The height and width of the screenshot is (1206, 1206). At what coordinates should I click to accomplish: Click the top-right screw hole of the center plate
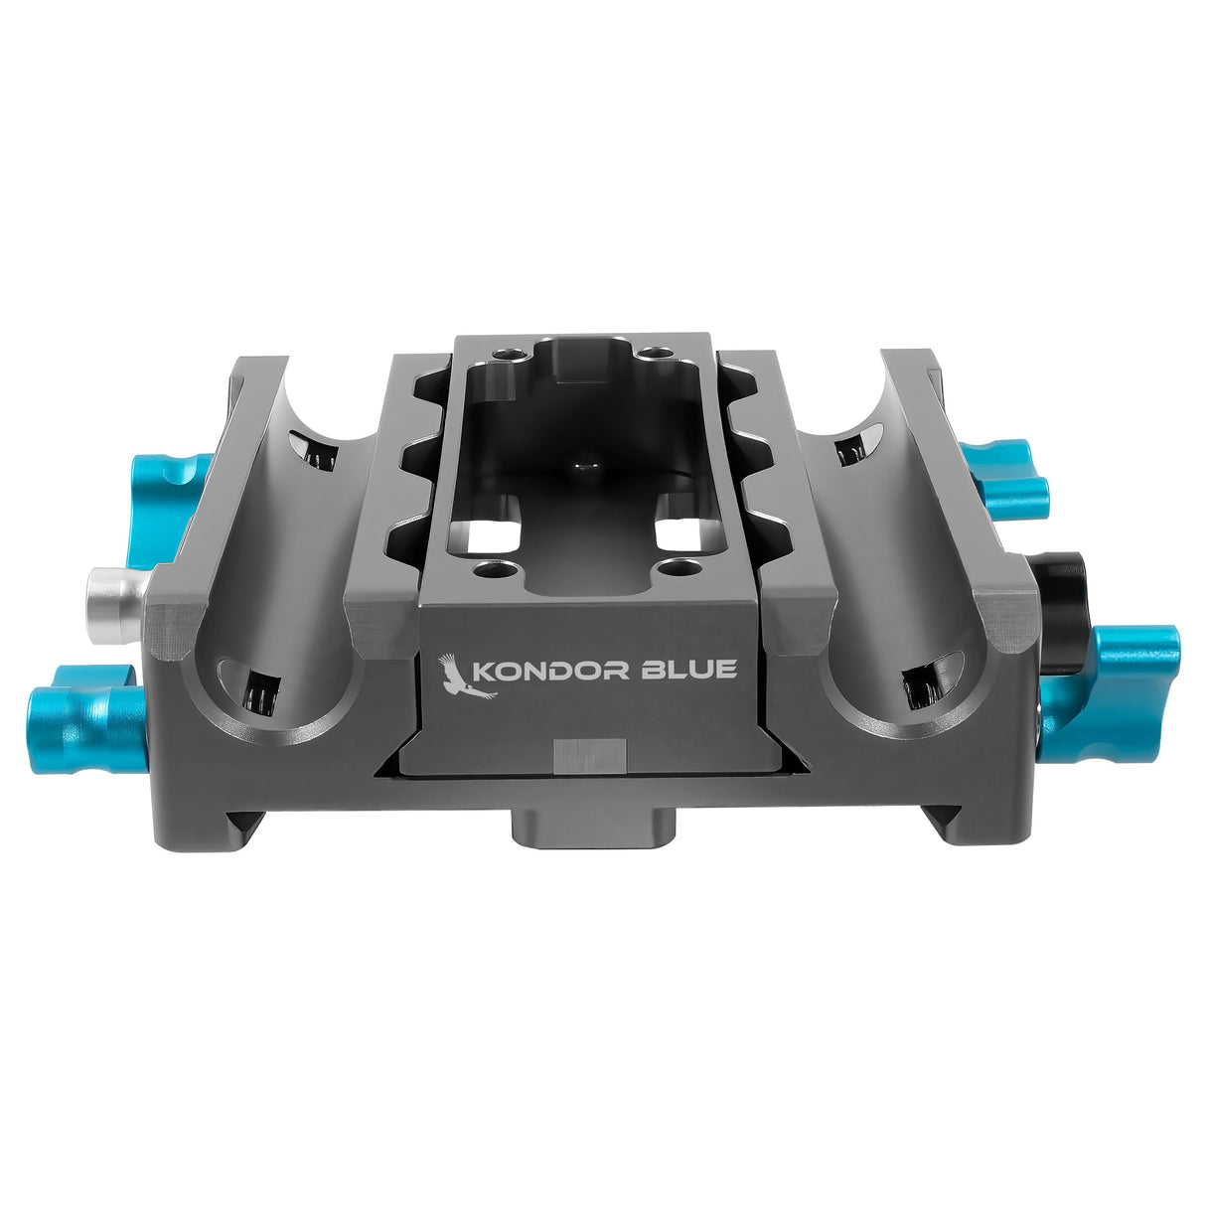pyautogui.click(x=653, y=354)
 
